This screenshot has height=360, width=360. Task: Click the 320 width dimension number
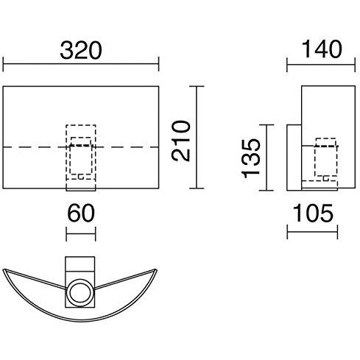(x=81, y=50)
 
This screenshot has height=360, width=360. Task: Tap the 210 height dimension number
(x=181, y=141)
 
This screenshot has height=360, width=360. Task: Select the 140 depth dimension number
(x=321, y=49)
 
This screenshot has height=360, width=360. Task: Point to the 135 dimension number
(x=250, y=158)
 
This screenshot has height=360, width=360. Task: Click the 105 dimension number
(x=313, y=213)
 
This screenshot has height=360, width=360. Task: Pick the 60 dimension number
(x=81, y=213)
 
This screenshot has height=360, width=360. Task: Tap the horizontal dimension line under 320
(x=81, y=64)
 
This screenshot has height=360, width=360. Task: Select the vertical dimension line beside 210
(x=197, y=138)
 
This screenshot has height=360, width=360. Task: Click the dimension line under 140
(x=321, y=65)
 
